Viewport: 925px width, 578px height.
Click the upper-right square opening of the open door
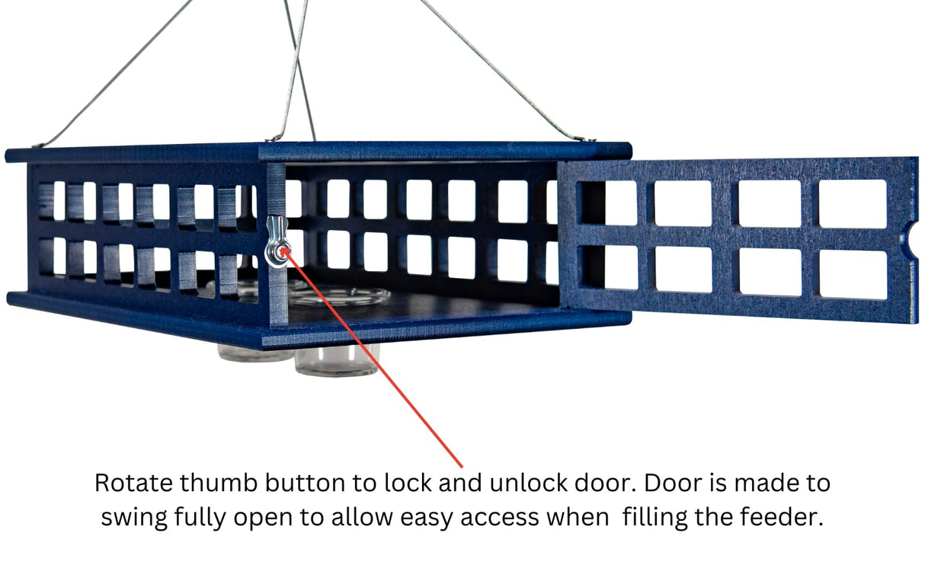click(853, 203)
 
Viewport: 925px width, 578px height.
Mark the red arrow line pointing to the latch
click(373, 358)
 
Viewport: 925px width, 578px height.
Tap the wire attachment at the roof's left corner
click(35, 147)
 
